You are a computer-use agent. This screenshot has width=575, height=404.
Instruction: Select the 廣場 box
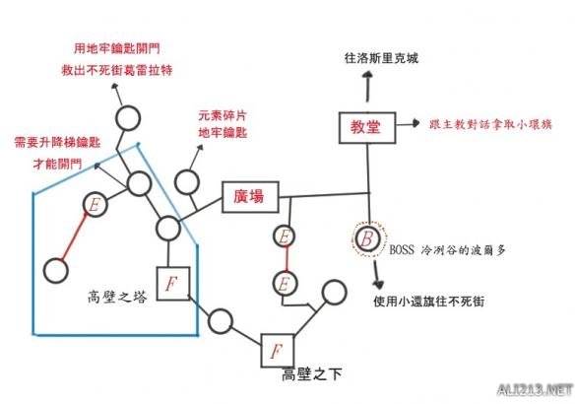248,197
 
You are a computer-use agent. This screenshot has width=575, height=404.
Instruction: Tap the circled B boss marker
366,238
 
